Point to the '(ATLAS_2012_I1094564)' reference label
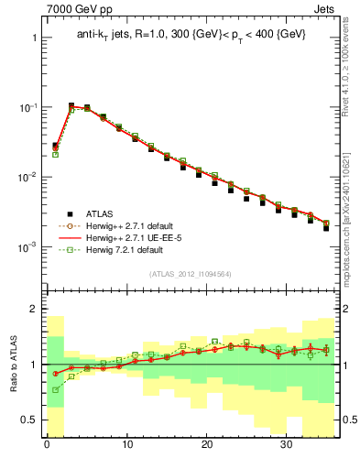click(190, 273)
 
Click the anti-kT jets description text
click(191, 34)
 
